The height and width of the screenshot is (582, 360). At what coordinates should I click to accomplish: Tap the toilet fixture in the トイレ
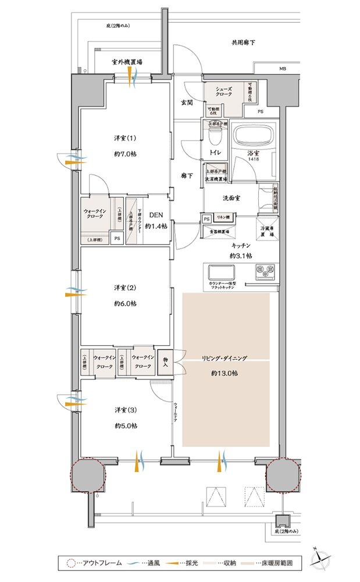pos(212,139)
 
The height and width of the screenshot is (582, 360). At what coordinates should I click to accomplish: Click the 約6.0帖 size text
pos(125,303)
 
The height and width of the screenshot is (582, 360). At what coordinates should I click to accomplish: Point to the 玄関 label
pos(187,102)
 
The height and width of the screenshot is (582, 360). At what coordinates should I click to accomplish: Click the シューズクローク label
pos(224,90)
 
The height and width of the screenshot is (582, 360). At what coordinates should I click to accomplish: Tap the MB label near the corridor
pos(281,69)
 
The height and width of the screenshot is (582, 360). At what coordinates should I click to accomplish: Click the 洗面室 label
pos(232,197)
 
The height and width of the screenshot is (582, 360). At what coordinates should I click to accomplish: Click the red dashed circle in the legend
pos(71,563)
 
